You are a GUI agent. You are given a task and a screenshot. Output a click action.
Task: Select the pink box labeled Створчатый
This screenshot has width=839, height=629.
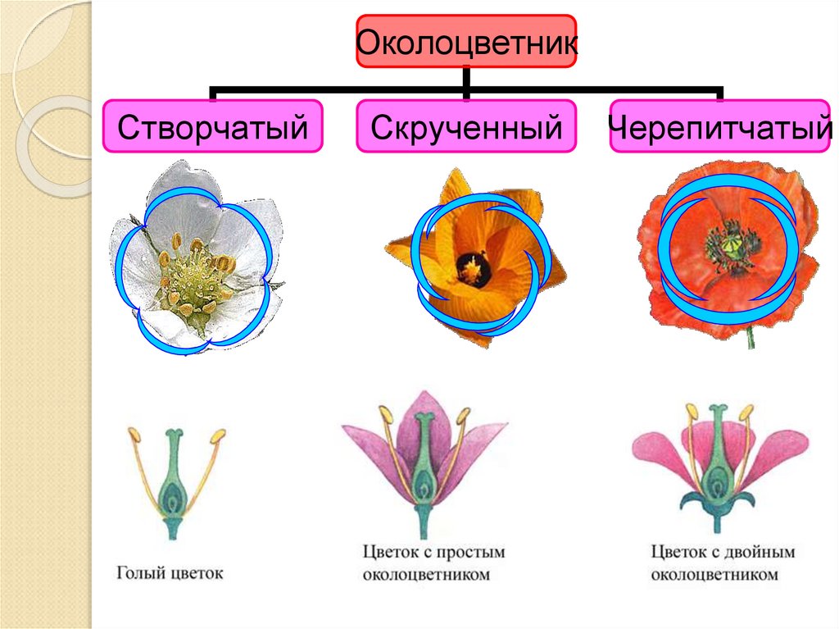(x=212, y=127)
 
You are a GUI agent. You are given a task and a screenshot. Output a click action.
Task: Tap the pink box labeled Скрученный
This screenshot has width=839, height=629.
(x=467, y=127)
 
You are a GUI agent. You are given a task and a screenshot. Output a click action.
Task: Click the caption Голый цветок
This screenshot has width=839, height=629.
(x=170, y=572)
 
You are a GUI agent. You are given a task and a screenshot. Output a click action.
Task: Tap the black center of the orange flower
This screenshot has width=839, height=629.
(x=471, y=267)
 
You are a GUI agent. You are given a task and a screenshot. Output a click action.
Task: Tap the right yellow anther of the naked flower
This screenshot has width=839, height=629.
(x=218, y=437)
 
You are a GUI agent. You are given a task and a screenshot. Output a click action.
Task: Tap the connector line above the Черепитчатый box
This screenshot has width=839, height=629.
(x=721, y=92)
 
